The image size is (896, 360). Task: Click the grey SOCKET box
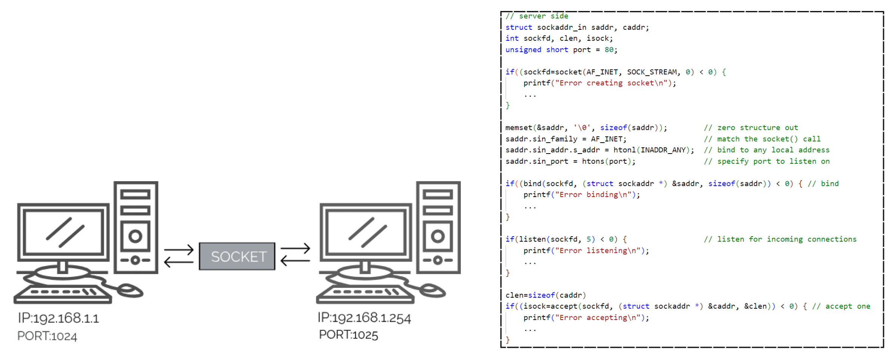click(x=237, y=256)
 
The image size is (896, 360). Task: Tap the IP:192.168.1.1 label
click(x=59, y=318)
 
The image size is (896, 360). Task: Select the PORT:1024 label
click(x=47, y=336)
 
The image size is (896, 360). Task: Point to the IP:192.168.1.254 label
click(x=364, y=318)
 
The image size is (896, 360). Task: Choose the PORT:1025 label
click(x=348, y=335)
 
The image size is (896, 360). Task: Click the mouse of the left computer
click(x=130, y=290)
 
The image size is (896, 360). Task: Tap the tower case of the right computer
click(x=438, y=227)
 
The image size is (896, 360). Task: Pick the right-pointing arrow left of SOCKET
click(x=179, y=249)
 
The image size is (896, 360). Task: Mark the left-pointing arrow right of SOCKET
click(x=295, y=260)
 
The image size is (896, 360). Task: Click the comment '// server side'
click(x=537, y=16)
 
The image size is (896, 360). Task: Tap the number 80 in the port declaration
click(x=609, y=50)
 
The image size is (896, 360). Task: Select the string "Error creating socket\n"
click(x=613, y=83)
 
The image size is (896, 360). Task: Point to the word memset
click(x=519, y=128)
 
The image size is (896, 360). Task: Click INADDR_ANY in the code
click(x=663, y=150)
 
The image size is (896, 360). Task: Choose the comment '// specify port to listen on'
click(x=767, y=162)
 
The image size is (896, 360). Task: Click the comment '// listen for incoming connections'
click(x=780, y=239)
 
